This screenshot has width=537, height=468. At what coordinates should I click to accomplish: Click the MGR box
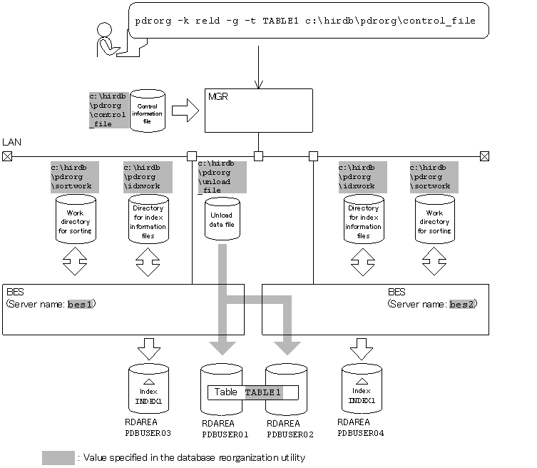[259, 111]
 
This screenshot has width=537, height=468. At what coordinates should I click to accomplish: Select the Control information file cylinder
[148, 111]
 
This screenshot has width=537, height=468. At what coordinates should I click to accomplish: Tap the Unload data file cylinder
[223, 218]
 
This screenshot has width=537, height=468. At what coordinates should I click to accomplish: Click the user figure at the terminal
[108, 40]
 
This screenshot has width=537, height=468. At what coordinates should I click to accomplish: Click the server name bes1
[80, 304]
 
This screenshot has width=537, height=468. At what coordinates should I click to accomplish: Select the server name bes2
[462, 304]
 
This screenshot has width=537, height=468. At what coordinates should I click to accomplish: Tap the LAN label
[11, 142]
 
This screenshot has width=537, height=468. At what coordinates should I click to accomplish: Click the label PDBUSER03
[148, 433]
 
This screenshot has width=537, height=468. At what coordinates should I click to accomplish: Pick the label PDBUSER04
[361, 433]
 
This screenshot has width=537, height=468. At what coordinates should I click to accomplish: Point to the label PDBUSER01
[225, 434]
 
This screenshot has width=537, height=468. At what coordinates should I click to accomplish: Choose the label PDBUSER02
[290, 434]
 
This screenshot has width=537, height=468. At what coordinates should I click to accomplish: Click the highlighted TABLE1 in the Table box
[264, 392]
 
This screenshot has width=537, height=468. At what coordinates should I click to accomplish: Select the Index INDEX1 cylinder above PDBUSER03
[148, 389]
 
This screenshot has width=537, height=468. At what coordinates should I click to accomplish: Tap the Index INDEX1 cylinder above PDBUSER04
[362, 388]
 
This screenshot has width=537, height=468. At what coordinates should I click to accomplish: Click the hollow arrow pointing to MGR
[185, 111]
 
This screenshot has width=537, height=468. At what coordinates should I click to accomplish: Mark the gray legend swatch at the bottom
[58, 458]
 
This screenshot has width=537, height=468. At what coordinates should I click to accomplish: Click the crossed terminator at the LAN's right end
[484, 156]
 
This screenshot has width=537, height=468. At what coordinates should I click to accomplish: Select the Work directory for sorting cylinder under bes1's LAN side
[76, 219]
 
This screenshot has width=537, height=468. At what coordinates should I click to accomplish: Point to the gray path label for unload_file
[223, 177]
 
